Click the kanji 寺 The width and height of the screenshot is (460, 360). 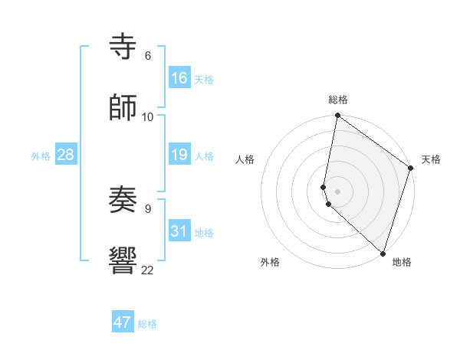pos(123,47)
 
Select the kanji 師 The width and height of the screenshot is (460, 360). pos(123,106)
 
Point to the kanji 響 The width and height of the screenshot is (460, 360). pos(123,260)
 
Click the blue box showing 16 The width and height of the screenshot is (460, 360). pos(179,77)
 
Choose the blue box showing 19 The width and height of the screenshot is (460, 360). pos(179,155)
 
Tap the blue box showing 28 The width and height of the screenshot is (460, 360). pos(66,155)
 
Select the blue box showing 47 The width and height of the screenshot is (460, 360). pos(123,322)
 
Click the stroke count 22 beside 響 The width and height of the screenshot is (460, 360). pos(147,270)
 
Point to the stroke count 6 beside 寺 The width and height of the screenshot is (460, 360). pos(147,56)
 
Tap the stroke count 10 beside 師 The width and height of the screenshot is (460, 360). pos(147,116)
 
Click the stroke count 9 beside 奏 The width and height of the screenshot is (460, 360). pos(147,207)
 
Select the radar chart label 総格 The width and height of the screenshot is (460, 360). pos(337,100)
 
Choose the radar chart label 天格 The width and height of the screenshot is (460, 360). pos(431,159)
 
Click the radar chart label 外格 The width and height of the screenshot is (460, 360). pos(269,262)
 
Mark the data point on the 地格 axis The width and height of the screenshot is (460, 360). pos(383,254)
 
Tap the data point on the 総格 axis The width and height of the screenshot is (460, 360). pos(337,116)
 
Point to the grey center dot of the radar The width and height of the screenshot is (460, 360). pos(337,191)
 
